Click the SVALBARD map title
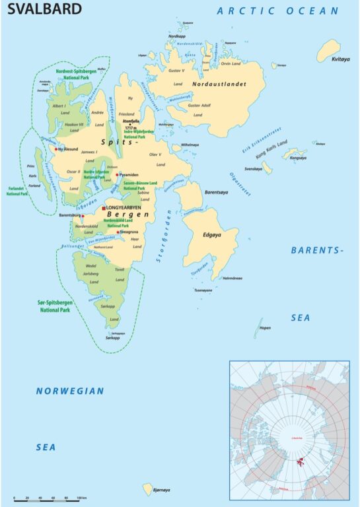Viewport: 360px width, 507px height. [45, 9]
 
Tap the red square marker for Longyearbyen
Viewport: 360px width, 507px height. [104, 208]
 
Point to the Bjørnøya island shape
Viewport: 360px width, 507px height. [148, 489]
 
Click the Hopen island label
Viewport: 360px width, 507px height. [266, 328]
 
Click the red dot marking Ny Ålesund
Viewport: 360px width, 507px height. [57, 149]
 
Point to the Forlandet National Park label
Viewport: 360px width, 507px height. [17, 192]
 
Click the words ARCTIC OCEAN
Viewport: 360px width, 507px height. [277, 11]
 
